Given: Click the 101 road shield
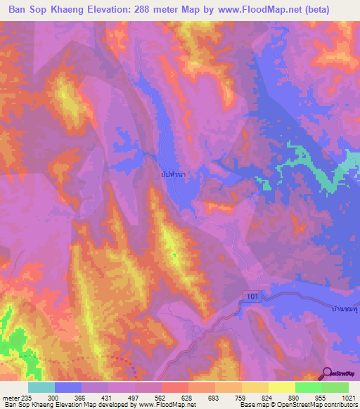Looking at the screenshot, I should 254,298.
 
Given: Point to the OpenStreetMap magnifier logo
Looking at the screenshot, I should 328,373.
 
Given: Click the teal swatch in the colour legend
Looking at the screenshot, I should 41,387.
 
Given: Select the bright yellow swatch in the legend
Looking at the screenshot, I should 281,387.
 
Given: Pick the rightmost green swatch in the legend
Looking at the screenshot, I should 335,387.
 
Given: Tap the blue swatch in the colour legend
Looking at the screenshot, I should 67,387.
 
